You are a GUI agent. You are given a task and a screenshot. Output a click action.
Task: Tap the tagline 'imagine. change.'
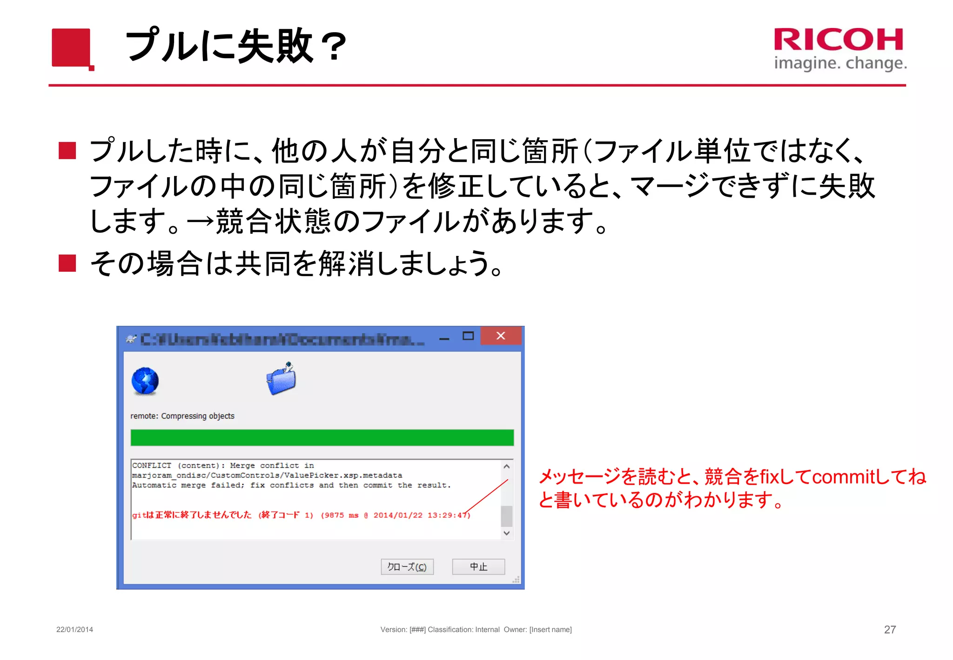[x=840, y=63]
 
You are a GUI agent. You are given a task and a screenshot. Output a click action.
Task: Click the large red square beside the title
[x=71, y=47]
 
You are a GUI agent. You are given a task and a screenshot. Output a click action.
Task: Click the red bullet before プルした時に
[x=67, y=151]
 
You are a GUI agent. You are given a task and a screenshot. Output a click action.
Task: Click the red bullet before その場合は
[x=67, y=263]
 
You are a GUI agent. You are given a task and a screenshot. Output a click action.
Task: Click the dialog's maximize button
[x=468, y=336]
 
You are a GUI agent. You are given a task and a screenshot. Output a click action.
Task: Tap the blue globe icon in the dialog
[x=145, y=381]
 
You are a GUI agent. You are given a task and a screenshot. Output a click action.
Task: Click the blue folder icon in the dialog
[x=282, y=378]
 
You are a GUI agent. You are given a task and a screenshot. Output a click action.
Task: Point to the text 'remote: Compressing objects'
[x=182, y=416]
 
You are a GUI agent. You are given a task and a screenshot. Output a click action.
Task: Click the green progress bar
[x=322, y=438]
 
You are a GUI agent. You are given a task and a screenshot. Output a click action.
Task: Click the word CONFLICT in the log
[x=152, y=465]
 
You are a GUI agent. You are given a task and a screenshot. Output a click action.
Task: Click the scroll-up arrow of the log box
[x=507, y=466]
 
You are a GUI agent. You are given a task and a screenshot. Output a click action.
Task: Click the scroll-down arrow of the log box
[x=507, y=533]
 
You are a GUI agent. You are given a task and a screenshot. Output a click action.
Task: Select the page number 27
[x=890, y=629]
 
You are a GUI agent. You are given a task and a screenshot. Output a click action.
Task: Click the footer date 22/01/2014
[x=74, y=629]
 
